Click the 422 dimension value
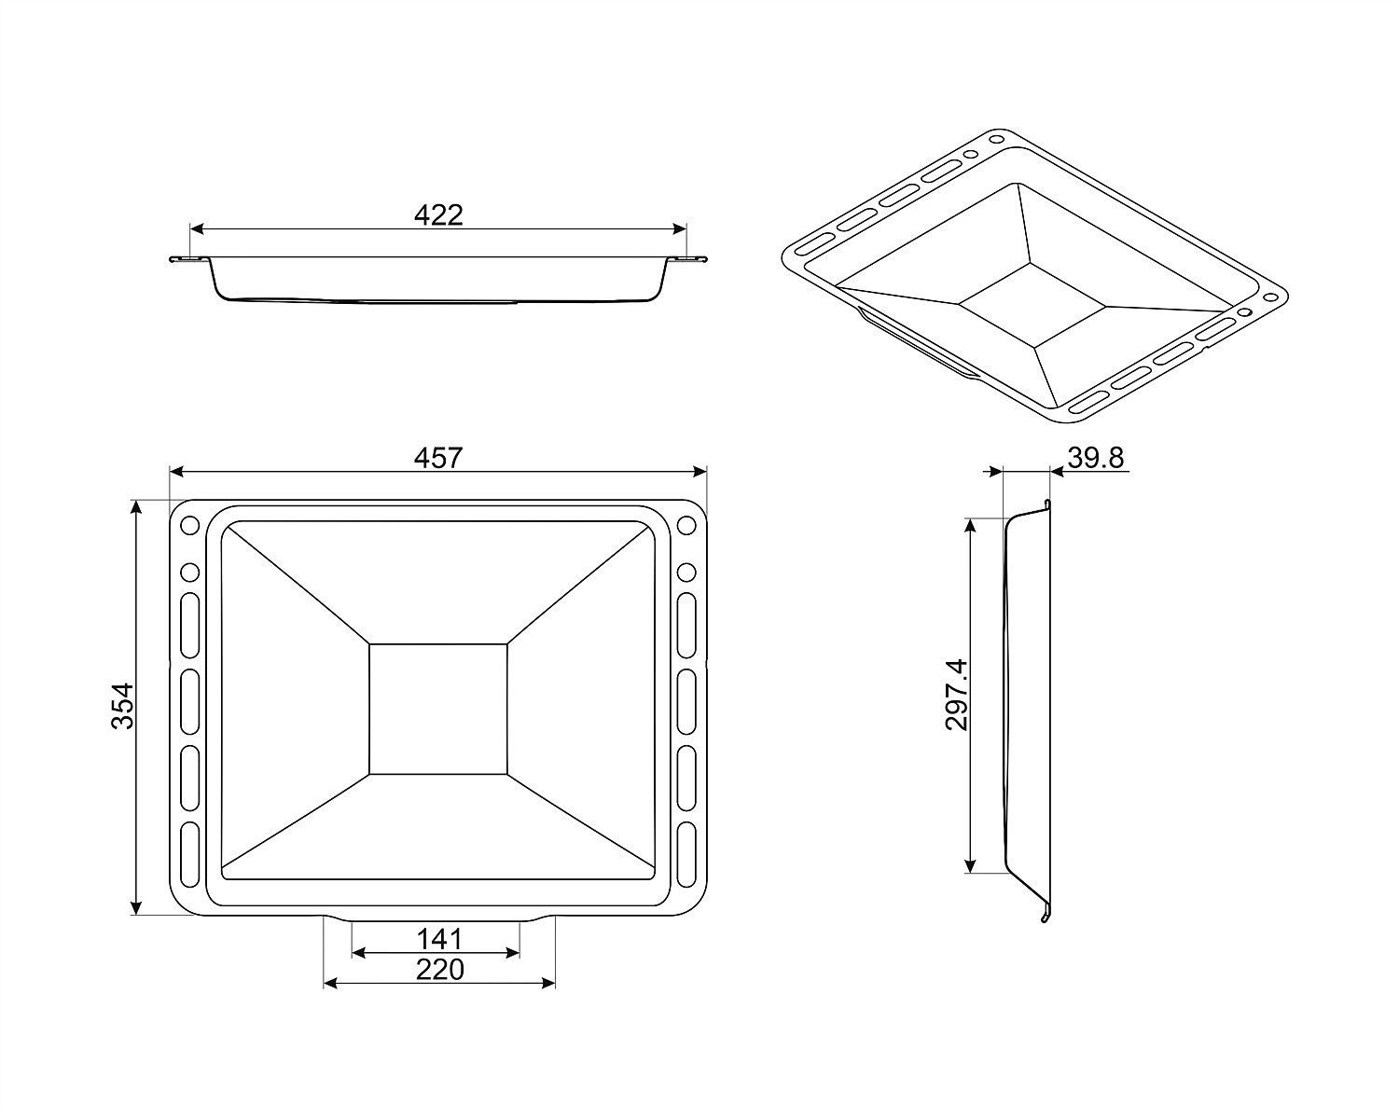438,215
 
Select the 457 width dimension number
438,458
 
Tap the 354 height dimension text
123,706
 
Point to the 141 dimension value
439,939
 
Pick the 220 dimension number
440,971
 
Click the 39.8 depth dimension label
1096,458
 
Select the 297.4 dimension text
957,695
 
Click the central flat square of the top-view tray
438,710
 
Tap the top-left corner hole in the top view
190,525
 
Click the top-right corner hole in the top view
686,525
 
